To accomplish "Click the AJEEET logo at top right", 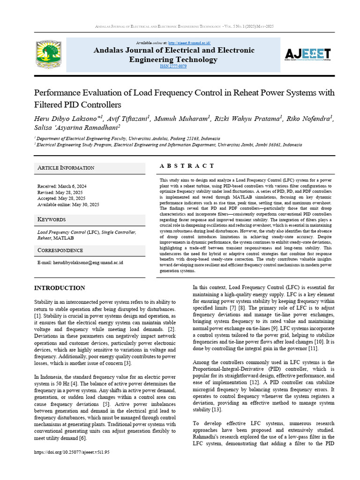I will (x=307, y=54).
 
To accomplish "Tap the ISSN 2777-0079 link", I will (x=173, y=67).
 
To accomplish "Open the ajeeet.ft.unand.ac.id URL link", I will (x=189, y=42).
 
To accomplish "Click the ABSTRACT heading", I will (x=187, y=166).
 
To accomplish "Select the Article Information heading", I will (x=66, y=168).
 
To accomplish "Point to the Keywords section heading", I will (x=52, y=219).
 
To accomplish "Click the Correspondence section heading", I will (x=60, y=250).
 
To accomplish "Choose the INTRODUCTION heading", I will (x=60, y=288).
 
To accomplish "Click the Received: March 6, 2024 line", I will (x=62, y=186).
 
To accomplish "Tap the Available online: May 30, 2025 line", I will (x=68, y=204).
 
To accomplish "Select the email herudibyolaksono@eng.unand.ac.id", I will (x=80, y=263).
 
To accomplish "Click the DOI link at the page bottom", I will (x=72, y=452).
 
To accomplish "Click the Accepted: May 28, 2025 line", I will (x=61, y=198).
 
